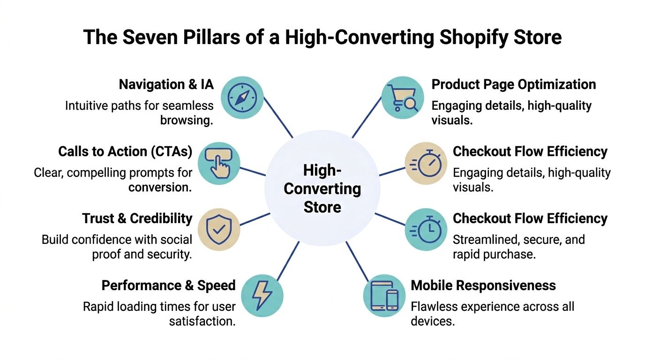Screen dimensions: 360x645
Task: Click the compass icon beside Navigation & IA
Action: click(x=241, y=97)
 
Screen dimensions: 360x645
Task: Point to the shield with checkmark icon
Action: click(x=219, y=231)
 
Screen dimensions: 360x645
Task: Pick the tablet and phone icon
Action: click(x=384, y=295)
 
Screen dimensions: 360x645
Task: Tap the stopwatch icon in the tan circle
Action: click(x=425, y=164)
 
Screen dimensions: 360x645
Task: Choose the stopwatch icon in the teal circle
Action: click(x=425, y=231)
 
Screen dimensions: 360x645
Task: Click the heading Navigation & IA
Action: click(x=166, y=84)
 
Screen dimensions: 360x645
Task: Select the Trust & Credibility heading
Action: click(x=137, y=218)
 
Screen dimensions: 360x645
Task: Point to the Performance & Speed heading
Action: click(x=168, y=285)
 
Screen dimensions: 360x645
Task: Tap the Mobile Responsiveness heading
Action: click(x=483, y=285)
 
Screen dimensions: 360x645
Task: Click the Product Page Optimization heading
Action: click(x=513, y=84)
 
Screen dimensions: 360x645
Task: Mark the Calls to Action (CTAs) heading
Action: click(x=125, y=151)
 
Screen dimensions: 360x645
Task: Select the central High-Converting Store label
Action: click(x=322, y=188)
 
